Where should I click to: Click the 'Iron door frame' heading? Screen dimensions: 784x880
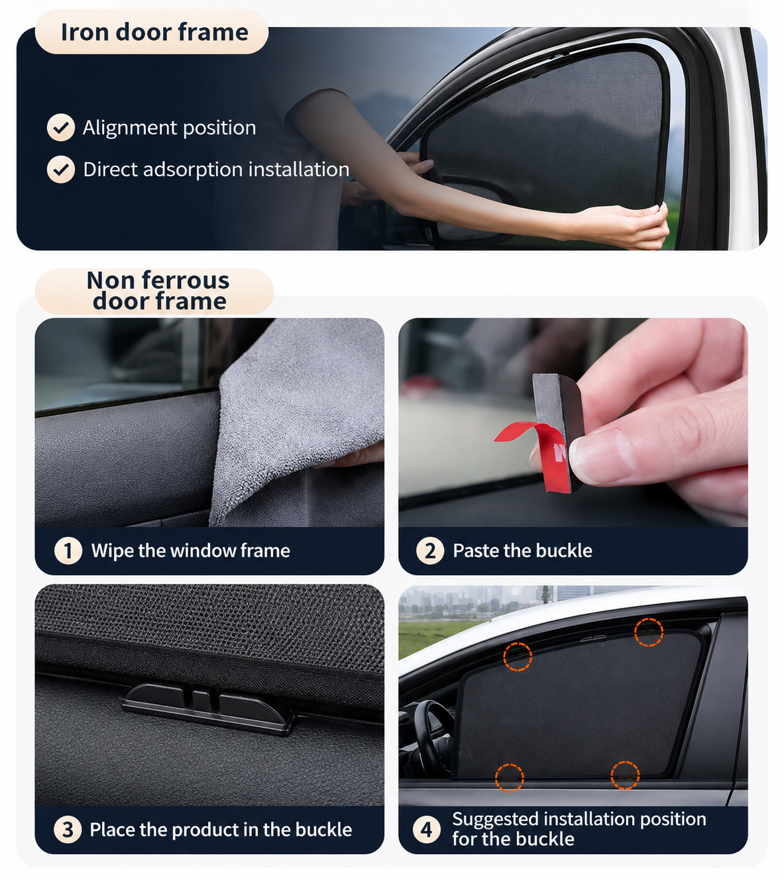tap(154, 32)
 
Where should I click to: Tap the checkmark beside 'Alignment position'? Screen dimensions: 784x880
tap(61, 127)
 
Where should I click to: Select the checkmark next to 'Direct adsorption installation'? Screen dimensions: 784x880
tap(61, 169)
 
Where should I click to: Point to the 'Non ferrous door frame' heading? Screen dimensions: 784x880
tap(158, 290)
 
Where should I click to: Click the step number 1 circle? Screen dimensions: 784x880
tap(68, 550)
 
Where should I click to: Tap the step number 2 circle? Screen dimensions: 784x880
tap(430, 550)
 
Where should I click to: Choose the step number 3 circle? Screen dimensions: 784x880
tap(68, 830)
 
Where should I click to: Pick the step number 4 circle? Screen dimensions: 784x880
tap(427, 830)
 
